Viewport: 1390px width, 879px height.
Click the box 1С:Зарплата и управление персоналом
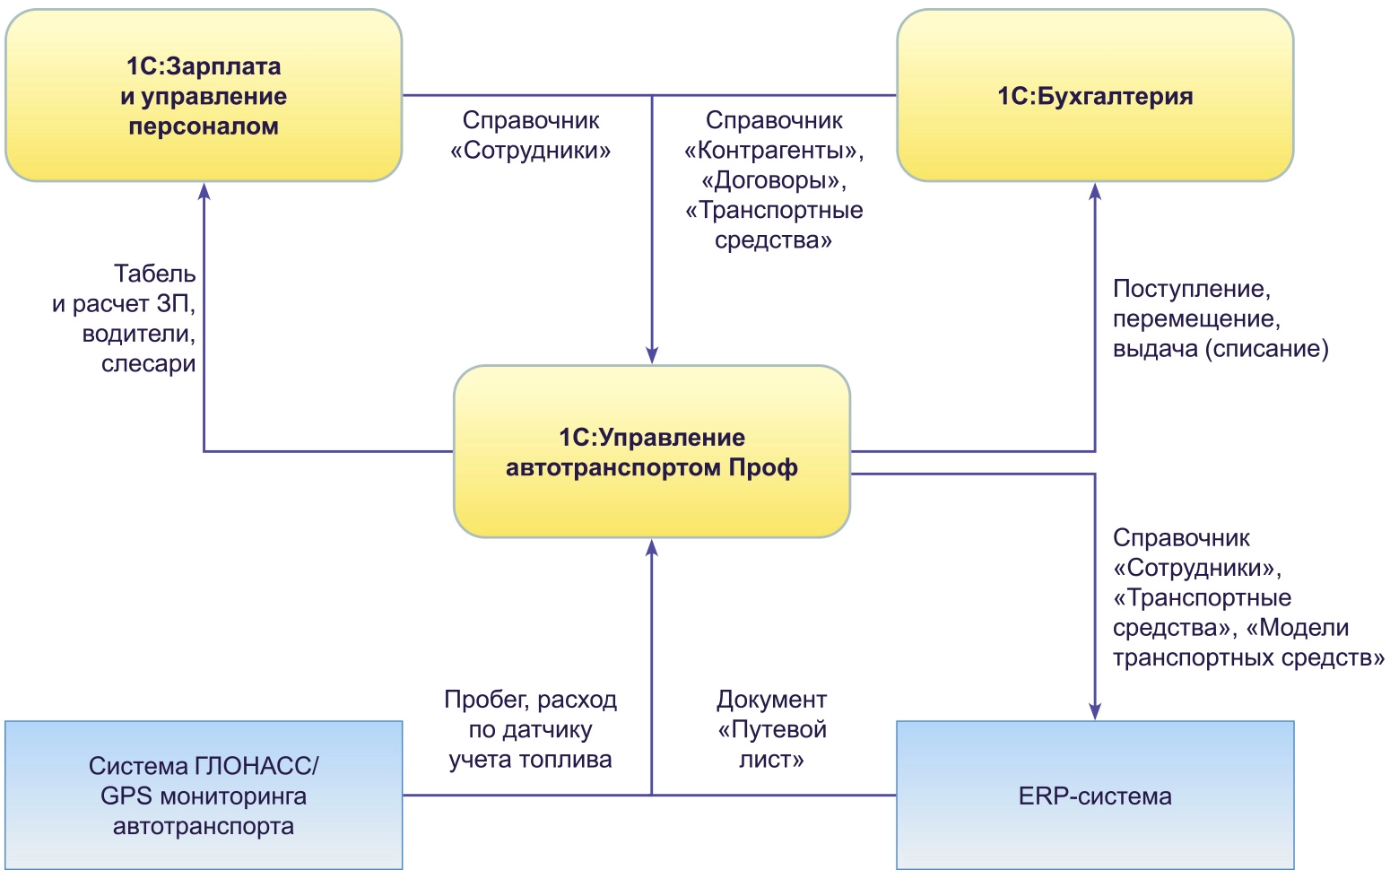[204, 96]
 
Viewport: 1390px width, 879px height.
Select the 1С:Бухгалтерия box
[1095, 96]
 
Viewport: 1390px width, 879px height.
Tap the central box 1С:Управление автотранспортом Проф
[652, 452]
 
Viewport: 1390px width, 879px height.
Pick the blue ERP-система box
[1095, 796]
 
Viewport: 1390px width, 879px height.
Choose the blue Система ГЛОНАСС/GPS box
[204, 796]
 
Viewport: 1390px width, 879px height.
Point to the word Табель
[154, 274]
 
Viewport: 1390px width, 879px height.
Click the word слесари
[148, 364]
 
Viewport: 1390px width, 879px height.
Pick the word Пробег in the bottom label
[478, 700]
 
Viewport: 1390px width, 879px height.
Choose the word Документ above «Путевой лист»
[771, 700]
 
